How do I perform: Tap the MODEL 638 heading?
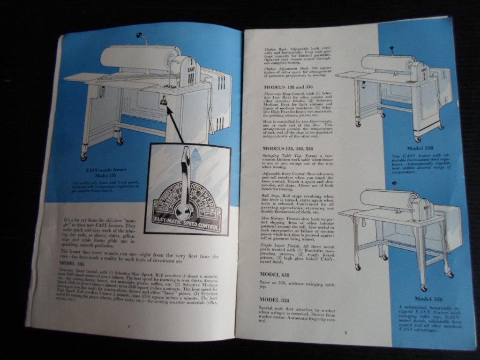click(276, 273)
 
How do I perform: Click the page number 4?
click(128, 325)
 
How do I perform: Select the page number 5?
click(345, 333)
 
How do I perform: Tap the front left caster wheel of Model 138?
click(84, 156)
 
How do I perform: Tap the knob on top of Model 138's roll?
click(139, 35)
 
